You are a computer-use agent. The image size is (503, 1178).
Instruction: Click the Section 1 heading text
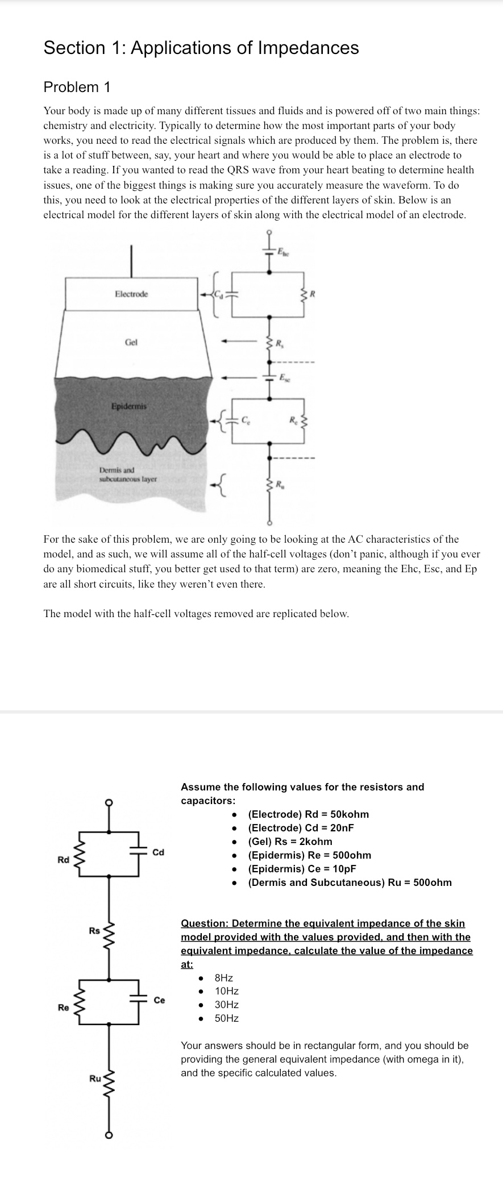point(201,48)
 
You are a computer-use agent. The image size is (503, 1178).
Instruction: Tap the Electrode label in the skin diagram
point(131,294)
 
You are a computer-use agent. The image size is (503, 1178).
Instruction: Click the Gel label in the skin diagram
point(131,343)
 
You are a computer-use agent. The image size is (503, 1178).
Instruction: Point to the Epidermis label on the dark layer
point(129,406)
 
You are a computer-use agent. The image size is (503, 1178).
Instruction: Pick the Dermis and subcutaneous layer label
point(128,474)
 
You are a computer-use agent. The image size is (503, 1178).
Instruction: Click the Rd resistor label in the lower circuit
point(63,860)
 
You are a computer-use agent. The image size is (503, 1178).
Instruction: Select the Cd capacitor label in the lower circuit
point(159,852)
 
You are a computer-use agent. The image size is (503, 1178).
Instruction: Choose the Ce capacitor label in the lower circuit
point(160,1000)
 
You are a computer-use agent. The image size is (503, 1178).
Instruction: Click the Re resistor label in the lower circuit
point(63,1008)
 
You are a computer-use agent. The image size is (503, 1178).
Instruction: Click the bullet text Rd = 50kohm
point(309,814)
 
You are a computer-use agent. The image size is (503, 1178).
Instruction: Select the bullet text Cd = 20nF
point(301,828)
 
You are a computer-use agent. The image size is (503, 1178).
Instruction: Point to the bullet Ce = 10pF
point(302,869)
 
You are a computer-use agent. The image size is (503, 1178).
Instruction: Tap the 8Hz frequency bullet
point(223,978)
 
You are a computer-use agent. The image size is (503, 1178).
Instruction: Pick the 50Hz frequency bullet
point(226,1018)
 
